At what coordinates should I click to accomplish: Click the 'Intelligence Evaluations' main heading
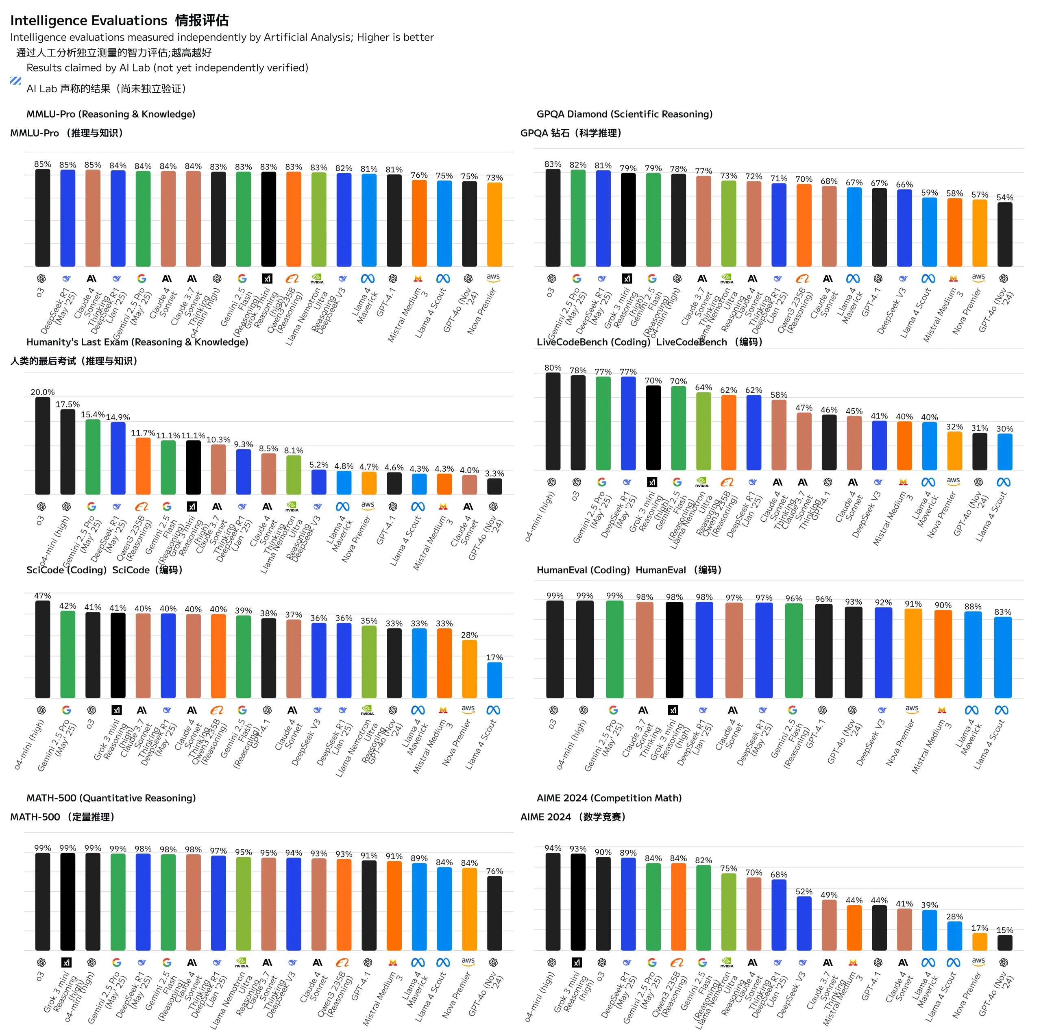point(89,20)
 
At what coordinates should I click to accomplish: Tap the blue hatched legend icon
point(15,81)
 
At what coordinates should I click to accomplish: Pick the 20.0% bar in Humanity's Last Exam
point(43,446)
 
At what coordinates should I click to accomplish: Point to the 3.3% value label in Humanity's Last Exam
point(494,473)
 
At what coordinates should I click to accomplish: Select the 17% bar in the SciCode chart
point(494,680)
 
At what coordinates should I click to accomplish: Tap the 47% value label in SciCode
point(43,595)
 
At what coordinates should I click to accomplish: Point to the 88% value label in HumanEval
point(973,607)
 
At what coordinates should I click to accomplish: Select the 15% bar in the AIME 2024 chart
point(1004,942)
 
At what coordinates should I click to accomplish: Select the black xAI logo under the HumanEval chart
point(673,710)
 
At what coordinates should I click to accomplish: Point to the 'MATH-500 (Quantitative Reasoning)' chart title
point(111,798)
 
